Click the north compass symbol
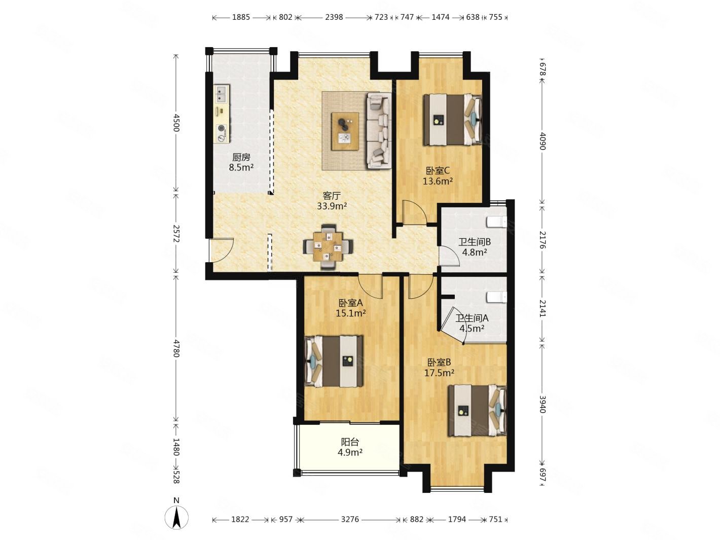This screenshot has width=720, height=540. (x=176, y=520)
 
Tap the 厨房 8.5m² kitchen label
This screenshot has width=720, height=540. (x=241, y=163)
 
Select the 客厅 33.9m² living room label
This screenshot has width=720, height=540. (x=332, y=201)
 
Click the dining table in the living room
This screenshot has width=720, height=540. (x=328, y=246)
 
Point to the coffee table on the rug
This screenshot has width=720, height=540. (x=345, y=131)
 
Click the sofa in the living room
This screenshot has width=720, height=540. (x=379, y=130)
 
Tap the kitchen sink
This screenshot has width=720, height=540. (x=222, y=93)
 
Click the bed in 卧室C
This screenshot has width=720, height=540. (x=452, y=120)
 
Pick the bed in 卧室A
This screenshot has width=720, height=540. (x=334, y=361)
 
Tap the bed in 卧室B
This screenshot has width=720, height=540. (x=477, y=410)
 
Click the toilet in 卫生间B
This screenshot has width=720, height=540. (x=497, y=222)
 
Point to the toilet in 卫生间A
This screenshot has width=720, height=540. (x=497, y=297)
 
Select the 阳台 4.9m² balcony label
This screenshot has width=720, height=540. (x=350, y=447)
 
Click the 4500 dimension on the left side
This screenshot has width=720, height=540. (x=176, y=123)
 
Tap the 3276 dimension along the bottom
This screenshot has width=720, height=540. (x=350, y=519)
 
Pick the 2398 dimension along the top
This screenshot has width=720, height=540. (x=334, y=17)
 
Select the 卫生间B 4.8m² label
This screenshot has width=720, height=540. (x=474, y=247)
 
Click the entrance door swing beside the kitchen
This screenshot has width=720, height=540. (x=222, y=251)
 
